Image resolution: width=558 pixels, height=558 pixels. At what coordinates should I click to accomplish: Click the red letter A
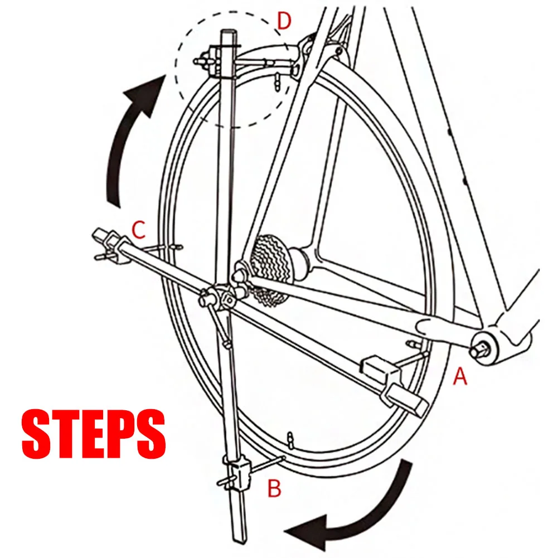pyautogui.click(x=459, y=377)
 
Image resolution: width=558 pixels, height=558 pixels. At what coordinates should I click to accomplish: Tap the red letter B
pyautogui.click(x=274, y=488)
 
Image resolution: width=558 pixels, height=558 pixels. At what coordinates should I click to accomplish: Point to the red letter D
pyautogui.click(x=284, y=22)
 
